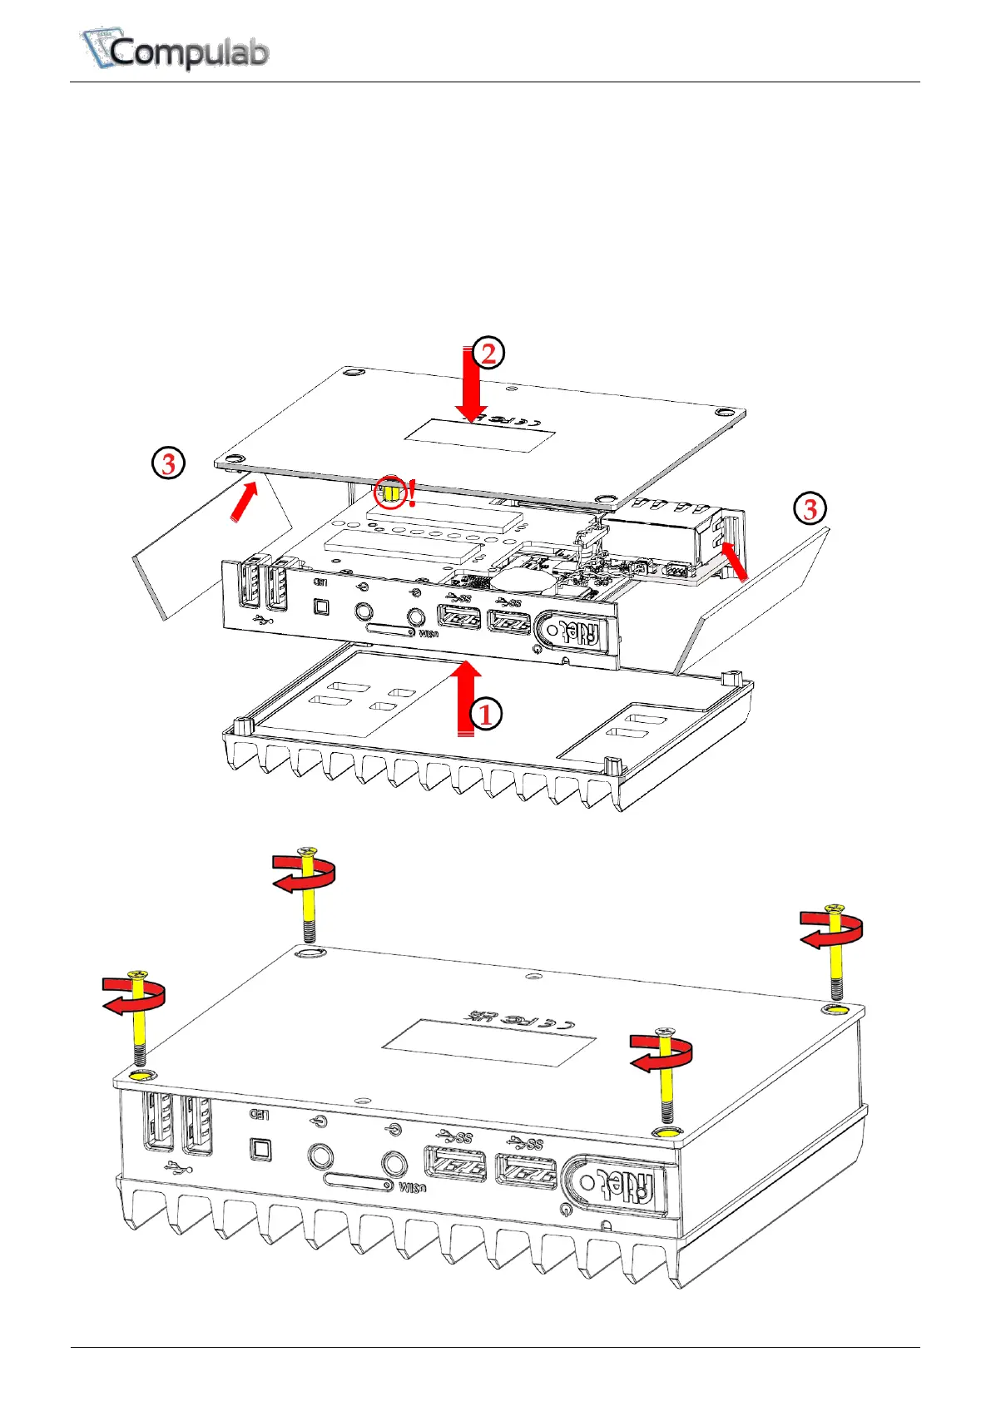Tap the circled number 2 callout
click(488, 353)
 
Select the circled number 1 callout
click(486, 714)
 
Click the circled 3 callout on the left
click(168, 463)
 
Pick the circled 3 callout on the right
click(810, 507)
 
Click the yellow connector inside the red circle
click(389, 493)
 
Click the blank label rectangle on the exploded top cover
click(478, 436)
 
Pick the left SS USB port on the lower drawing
click(454, 1163)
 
